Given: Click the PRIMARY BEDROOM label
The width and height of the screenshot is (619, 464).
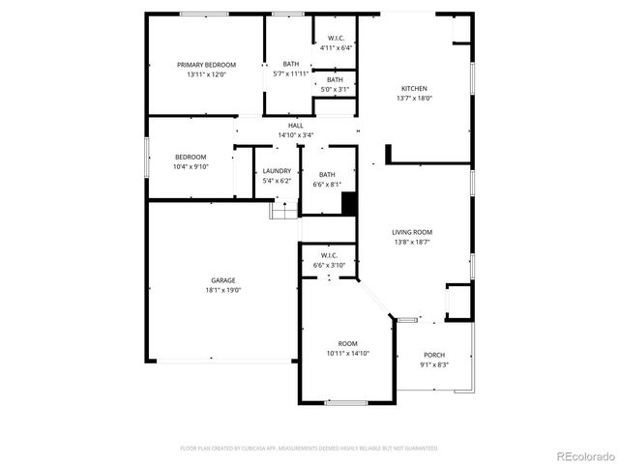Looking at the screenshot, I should coord(206,65).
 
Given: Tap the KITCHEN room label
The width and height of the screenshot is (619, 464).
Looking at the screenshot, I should coord(414,88).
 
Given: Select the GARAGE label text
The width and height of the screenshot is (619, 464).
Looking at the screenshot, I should coord(222,280).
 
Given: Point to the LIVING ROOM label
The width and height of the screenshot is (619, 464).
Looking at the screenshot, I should coord(411,232).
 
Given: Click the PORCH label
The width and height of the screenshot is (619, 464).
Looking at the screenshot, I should coord(432,355).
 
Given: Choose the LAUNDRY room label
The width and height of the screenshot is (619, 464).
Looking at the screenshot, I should coord(277,171).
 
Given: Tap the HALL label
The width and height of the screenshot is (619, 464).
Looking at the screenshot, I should coord(295,126).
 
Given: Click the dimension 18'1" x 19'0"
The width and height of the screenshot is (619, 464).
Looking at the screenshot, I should coord(222,290).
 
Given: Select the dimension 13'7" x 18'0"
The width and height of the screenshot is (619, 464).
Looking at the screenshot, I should coord(414,98).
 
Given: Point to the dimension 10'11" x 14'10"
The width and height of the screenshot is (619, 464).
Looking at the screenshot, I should coord(347,353).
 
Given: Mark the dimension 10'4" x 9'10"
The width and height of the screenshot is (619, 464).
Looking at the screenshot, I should coord(191,166).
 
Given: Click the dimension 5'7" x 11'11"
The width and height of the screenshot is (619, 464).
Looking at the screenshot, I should coord(291,73).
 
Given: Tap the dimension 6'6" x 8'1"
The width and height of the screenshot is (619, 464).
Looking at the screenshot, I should coord(327,184).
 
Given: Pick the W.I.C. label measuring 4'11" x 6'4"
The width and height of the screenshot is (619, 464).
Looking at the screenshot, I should coord(337,46).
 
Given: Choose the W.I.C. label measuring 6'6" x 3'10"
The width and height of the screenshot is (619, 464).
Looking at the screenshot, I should coord(328,264).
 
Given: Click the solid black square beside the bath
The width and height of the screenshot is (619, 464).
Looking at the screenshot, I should coord(349,204).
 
